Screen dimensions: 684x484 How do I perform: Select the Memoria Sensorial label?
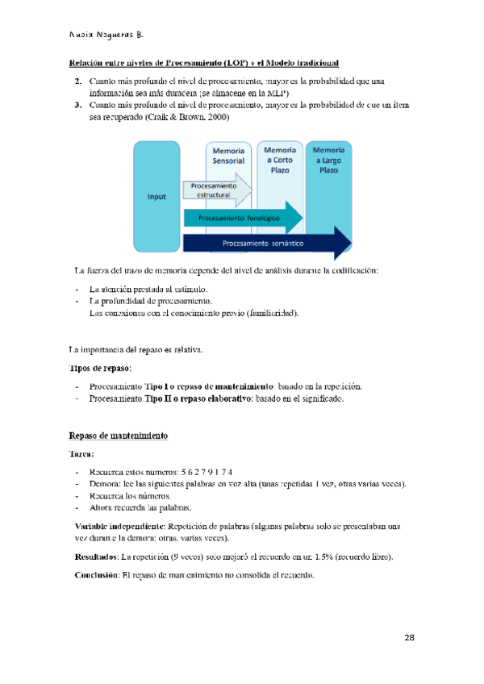point(228,156)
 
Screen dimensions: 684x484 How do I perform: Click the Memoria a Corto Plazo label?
point(280,160)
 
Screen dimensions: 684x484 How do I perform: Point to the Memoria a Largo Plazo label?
point(328,160)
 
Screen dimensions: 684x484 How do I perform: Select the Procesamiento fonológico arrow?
point(242,218)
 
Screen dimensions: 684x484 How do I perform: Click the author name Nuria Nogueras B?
point(106,35)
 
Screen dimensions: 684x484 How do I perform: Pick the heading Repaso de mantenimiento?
point(118,436)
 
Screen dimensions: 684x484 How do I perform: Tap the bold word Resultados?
point(95,557)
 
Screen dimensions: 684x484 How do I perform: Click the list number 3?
point(77,106)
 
